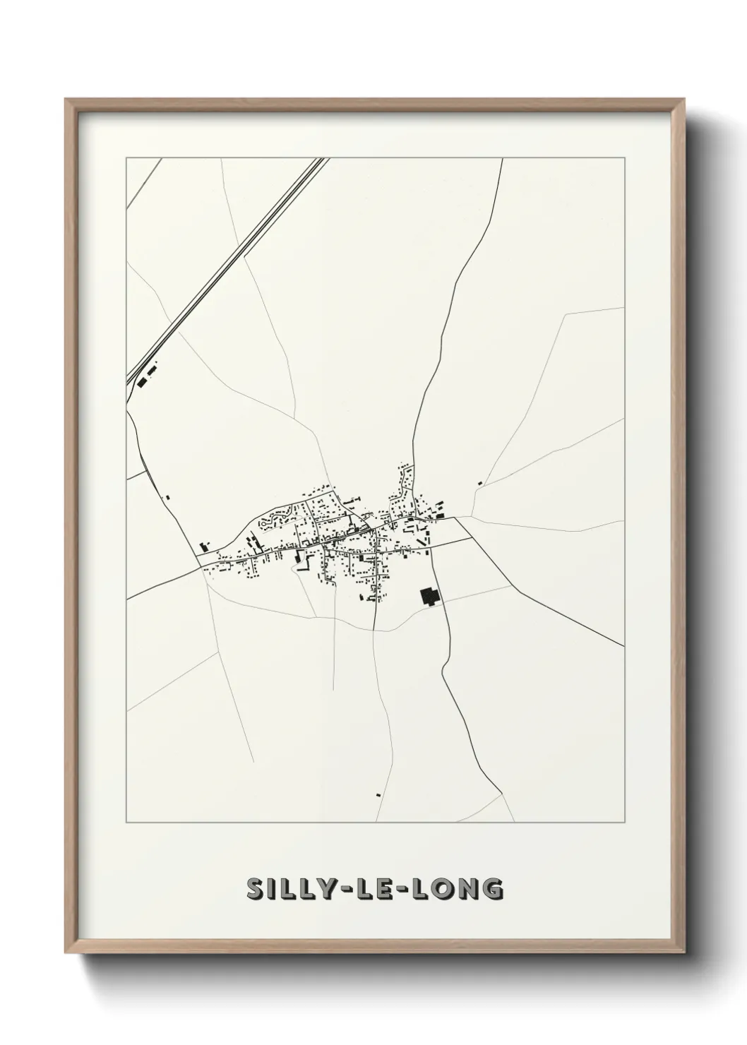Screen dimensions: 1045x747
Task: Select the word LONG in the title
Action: (459, 890)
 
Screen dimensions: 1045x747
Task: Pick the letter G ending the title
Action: (494, 890)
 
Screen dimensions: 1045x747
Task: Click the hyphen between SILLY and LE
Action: (342, 890)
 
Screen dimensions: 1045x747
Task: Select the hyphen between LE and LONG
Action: (405, 890)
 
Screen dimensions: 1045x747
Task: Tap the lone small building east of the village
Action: (479, 483)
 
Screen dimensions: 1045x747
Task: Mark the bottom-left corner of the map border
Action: (126, 823)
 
